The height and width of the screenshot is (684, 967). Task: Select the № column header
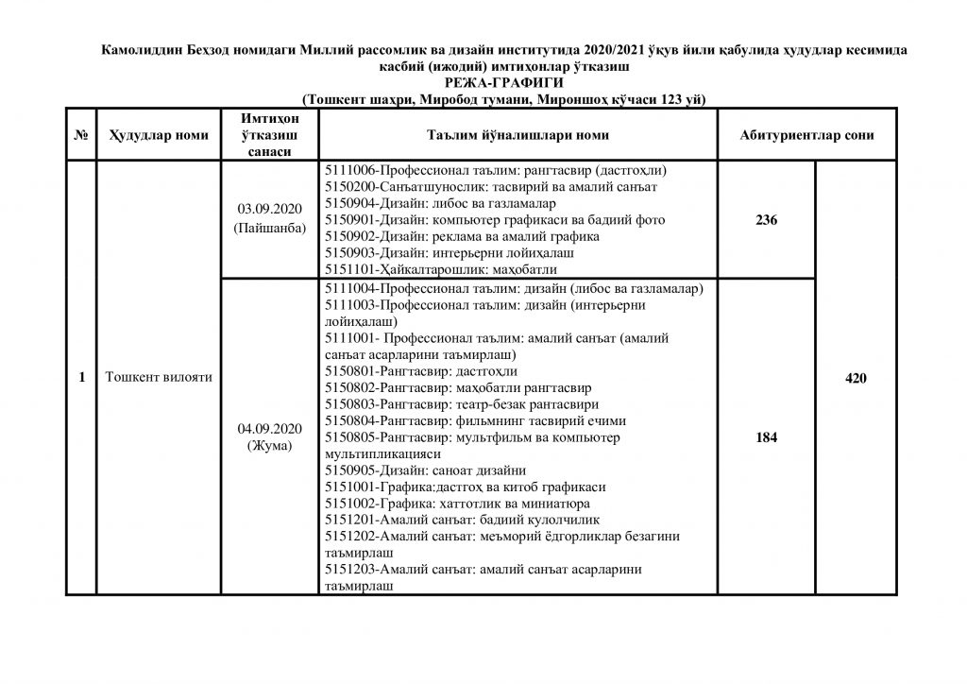tap(81, 136)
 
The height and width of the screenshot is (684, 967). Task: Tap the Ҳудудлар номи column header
tap(158, 136)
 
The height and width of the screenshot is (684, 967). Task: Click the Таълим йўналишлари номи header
tap(518, 136)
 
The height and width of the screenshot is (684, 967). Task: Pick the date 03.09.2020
tap(269, 208)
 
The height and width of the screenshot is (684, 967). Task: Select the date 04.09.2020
tap(269, 428)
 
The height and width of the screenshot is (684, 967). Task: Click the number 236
tap(766, 220)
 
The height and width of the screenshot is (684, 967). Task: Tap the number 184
tap(766, 438)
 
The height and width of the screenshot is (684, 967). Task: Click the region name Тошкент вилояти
tap(158, 378)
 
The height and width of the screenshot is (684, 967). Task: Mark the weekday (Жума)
tap(269, 445)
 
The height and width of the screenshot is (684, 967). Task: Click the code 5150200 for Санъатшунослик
tap(350, 187)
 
